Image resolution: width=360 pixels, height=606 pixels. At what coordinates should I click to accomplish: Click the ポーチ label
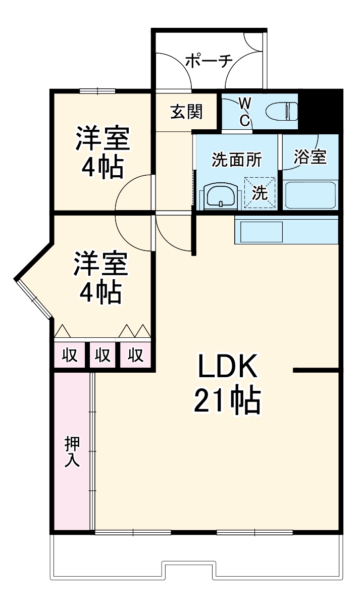tap(209, 61)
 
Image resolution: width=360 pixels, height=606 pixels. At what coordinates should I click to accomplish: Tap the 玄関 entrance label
tap(186, 112)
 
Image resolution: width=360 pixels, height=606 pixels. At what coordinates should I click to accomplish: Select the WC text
tap(244, 112)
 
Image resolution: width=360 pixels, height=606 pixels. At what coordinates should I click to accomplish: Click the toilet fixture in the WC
tap(283, 111)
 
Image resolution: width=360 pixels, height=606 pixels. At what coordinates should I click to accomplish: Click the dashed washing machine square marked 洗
tap(260, 192)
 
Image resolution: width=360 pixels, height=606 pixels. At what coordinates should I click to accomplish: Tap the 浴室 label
tap(310, 157)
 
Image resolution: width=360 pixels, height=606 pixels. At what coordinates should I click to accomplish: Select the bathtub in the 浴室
tap(310, 194)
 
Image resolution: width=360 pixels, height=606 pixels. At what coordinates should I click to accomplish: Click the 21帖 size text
tap(227, 401)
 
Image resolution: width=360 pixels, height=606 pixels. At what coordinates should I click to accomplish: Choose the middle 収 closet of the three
tap(103, 356)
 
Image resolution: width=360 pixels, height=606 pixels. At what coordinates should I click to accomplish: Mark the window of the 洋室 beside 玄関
tap(97, 91)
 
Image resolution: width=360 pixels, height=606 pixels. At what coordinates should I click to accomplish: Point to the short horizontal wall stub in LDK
tap(316, 371)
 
